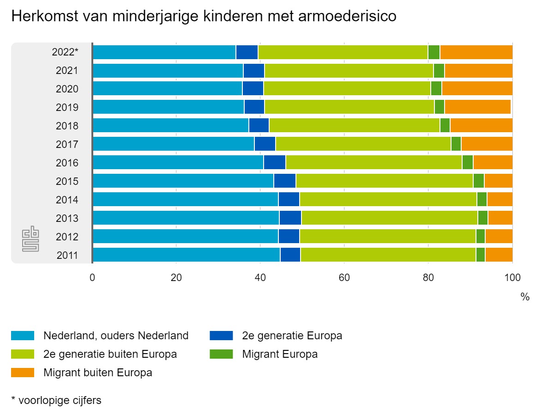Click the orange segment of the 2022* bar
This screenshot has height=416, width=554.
coord(476,52)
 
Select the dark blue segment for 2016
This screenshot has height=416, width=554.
coord(274,163)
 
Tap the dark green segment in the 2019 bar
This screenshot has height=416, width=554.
coord(439,107)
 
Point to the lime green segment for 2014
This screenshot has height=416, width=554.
coord(388,200)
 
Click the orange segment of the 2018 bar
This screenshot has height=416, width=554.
coord(481,126)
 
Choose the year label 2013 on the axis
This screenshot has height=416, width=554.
coord(67,218)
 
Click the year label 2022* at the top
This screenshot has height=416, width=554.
coord(65,52)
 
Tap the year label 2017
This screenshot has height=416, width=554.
coord(67,144)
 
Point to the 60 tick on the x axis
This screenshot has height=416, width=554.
coord(344,278)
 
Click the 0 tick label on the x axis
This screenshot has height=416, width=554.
coord(92,278)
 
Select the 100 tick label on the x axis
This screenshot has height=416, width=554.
coord(512,278)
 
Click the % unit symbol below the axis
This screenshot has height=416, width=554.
coord(525,297)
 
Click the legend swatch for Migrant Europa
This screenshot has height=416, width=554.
coord(221,354)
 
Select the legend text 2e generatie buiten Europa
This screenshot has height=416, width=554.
coord(110,354)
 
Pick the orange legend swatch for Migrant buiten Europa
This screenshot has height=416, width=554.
coord(23,372)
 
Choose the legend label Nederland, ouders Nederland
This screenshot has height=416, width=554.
coord(116,336)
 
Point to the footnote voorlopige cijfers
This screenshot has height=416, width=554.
coord(60,400)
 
